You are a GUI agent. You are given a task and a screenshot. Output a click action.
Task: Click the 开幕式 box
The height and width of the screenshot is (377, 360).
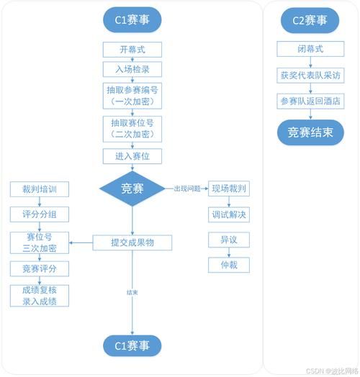pos(132,50)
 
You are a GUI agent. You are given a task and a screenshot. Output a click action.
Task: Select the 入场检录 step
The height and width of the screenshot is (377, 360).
pos(132,69)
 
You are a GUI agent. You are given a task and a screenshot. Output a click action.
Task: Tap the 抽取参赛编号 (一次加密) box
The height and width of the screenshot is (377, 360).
pos(132,95)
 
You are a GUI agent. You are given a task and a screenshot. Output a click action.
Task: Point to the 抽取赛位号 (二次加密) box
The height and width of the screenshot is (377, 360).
pos(132,128)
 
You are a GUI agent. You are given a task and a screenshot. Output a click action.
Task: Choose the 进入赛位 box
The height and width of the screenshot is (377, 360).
pos(132,156)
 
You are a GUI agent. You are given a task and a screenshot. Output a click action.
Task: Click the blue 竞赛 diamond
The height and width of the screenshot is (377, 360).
pos(132,188)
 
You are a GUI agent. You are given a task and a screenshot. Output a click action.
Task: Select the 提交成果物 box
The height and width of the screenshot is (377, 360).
pos(132,242)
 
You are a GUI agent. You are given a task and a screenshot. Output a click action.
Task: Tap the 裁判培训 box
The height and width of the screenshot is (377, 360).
pos(40,190)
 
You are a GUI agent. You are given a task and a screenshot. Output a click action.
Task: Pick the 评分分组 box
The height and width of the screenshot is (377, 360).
pos(40,214)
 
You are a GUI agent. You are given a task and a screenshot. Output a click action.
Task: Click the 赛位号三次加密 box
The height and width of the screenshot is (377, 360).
pos(40,242)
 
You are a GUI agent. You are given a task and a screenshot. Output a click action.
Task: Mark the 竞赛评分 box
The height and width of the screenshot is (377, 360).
pos(40,268)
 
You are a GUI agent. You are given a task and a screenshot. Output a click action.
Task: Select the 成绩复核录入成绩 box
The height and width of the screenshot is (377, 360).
pos(40,295)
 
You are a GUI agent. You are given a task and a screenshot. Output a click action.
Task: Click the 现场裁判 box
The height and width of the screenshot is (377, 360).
pos(229,189)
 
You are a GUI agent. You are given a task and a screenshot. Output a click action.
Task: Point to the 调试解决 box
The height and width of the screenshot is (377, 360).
pos(229,214)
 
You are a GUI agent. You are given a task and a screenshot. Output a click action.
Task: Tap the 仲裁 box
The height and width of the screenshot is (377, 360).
pos(229,265)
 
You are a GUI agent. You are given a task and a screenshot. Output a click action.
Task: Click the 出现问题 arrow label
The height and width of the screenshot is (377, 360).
pos(187,188)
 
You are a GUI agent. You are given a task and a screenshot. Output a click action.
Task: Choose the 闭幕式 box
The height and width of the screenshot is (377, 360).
pos(310,49)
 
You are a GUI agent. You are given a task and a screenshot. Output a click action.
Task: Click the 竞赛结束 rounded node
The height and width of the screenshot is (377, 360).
pos(310,132)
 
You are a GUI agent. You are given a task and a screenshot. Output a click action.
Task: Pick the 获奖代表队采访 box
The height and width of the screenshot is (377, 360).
pos(310,75)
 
